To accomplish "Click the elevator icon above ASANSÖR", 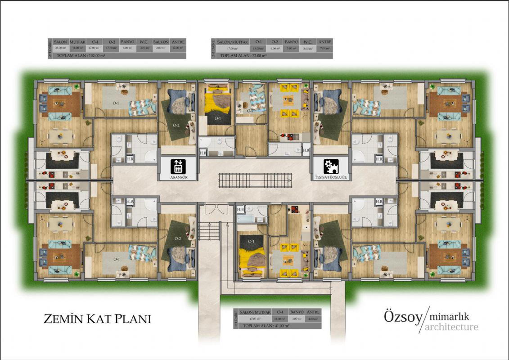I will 177,167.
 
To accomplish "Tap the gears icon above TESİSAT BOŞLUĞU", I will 331,167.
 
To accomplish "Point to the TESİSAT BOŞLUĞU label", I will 331,178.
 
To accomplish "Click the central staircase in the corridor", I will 254,180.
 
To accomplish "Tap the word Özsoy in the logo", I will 403,317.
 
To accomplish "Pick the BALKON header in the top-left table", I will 161,42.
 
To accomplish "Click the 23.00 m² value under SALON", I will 60,48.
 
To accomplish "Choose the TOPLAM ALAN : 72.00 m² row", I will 243,55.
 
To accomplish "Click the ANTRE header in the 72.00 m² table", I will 324,42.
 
